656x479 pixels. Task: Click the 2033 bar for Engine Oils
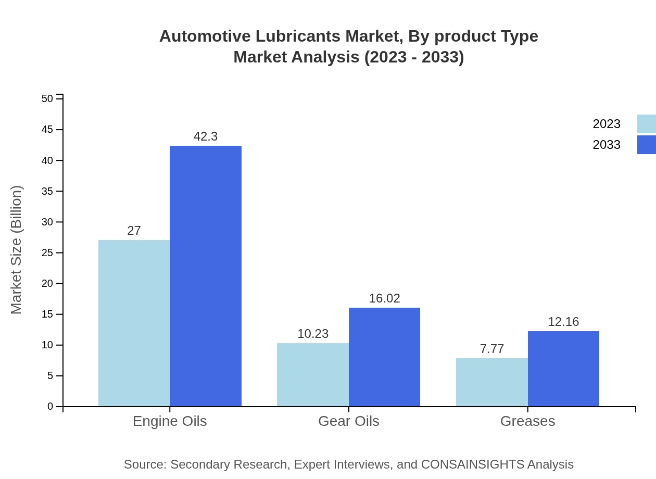coord(206,276)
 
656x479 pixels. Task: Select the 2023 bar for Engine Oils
coord(134,323)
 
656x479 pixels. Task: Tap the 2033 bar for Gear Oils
coord(384,357)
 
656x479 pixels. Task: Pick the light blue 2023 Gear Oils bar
coord(313,374)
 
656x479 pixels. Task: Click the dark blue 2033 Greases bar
coord(563,369)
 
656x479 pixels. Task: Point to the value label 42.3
coord(206,136)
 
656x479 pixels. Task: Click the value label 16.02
coord(384,298)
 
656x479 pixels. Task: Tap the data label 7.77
coord(491,349)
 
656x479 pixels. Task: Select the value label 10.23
coord(313,334)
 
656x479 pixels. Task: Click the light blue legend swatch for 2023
coord(646,124)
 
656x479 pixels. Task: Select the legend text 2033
coord(607,145)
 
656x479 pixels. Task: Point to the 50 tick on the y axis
coord(47,98)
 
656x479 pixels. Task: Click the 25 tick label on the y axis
coord(47,253)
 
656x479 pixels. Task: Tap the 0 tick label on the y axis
coord(51,406)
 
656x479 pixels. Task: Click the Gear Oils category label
coord(349,421)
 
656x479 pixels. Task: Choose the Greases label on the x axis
coord(527,421)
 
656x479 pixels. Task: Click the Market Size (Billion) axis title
coord(16,250)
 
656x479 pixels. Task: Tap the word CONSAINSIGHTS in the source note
coord(472,464)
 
